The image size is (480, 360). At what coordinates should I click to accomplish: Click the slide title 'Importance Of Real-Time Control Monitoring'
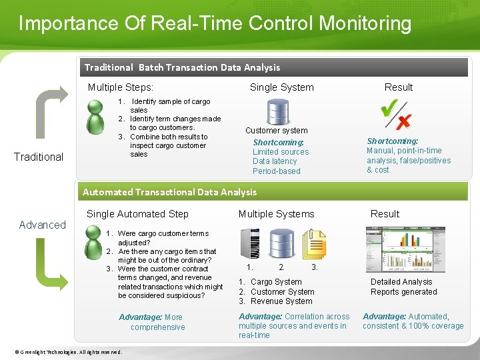point(215,24)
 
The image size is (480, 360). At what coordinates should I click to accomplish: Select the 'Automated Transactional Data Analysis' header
point(170,192)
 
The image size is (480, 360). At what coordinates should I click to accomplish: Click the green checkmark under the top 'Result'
point(390,111)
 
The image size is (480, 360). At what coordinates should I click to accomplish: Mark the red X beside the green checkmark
point(403,121)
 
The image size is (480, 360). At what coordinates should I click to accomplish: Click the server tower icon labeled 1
point(250,243)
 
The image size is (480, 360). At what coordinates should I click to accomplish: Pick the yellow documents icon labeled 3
point(313,244)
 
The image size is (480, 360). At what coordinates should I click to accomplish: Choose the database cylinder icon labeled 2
point(281,244)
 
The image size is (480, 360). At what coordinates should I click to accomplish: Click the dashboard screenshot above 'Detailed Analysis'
point(404,248)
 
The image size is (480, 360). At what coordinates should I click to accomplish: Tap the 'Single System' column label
point(281,87)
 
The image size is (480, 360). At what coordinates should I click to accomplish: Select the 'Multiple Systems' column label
point(276,214)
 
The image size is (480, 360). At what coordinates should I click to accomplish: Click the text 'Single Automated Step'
point(137,214)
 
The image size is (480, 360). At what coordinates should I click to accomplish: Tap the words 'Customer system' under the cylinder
point(276,131)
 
